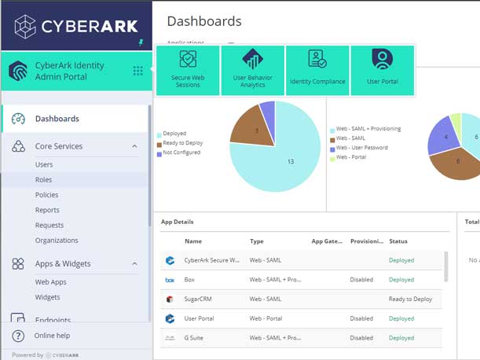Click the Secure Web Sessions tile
(188, 70)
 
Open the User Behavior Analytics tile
(252, 70)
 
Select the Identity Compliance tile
(317, 70)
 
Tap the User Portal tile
(382, 70)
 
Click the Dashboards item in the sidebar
(57, 119)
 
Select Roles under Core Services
(43, 180)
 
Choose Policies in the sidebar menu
(46, 195)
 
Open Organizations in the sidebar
(57, 241)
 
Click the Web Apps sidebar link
(50, 281)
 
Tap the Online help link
(52, 336)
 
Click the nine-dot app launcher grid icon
(138, 71)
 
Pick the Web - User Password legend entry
(363, 148)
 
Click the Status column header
(398, 241)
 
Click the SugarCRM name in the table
(200, 299)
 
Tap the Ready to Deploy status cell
(411, 299)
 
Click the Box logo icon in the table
(170, 280)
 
